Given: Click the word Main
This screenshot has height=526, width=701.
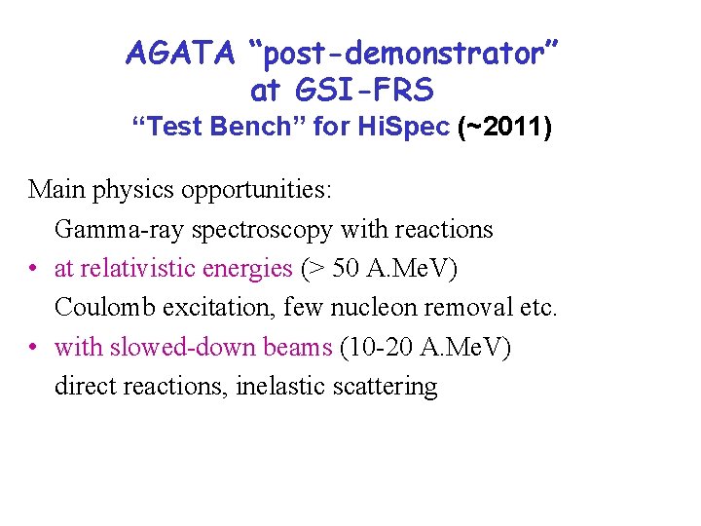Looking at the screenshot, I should tap(56, 189).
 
